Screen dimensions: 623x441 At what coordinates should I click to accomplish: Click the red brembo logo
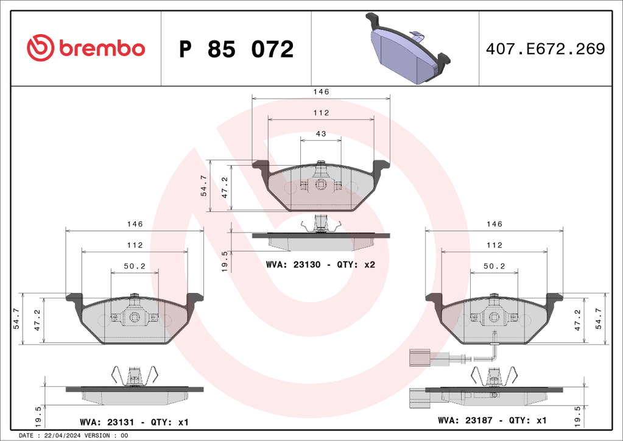pyautogui.click(x=86, y=48)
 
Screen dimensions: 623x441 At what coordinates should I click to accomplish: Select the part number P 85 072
pyautogui.click(x=236, y=49)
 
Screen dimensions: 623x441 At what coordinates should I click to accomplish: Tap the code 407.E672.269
pyautogui.click(x=546, y=49)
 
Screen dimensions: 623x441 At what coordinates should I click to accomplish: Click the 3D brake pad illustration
pyautogui.click(x=407, y=48)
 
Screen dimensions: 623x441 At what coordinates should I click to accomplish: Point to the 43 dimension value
pyautogui.click(x=321, y=134)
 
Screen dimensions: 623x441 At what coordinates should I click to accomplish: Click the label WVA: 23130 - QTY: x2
pyautogui.click(x=321, y=264)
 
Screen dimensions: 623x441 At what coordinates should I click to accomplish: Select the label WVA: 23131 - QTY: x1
pyautogui.click(x=135, y=422)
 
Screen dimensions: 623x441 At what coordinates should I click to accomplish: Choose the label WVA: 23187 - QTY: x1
pyautogui.click(x=492, y=420)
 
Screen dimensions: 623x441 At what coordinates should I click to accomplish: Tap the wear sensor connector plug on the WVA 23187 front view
pyautogui.click(x=419, y=357)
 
